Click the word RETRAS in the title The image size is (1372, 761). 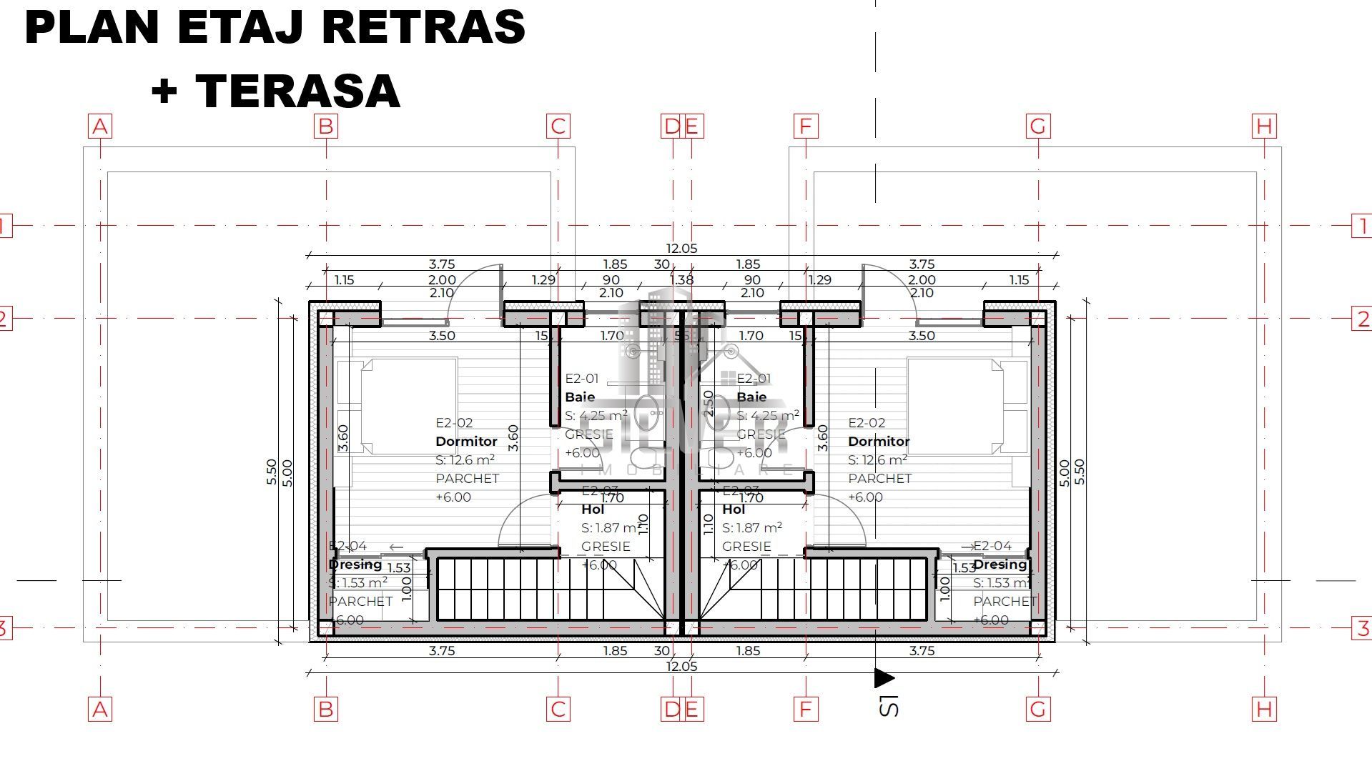(423, 27)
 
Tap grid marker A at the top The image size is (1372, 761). (100, 126)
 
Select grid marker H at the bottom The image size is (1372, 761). (1264, 709)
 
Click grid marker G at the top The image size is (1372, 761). (1038, 126)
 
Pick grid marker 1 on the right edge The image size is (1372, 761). (1362, 226)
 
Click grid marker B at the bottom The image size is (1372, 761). (326, 709)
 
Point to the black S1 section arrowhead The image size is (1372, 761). (884, 677)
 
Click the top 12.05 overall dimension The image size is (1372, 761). (681, 249)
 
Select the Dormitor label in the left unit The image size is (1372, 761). (466, 442)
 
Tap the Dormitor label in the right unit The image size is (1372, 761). (879, 442)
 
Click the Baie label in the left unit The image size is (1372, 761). (579, 397)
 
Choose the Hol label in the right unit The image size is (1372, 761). (734, 509)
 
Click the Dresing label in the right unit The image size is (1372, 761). (1000, 564)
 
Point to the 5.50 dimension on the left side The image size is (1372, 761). (272, 472)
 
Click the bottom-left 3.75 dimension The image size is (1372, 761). (441, 651)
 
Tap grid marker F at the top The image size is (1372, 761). (806, 126)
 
